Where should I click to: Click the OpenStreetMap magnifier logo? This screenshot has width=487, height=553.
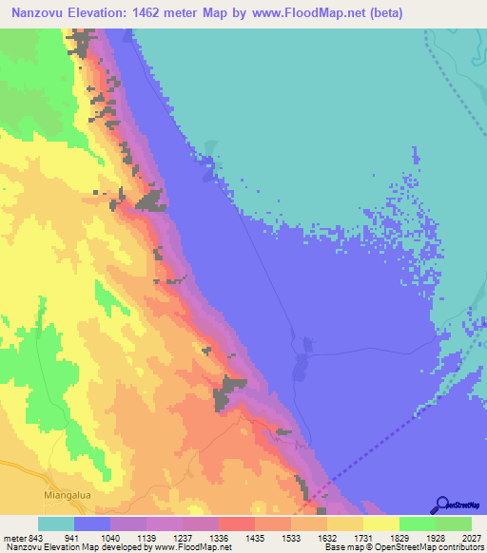441,505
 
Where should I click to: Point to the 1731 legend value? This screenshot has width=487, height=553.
345,539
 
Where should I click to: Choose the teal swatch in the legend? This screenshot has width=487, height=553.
55,524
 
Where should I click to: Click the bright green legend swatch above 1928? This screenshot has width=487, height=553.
417,524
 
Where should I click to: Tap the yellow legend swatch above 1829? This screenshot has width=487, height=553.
380,524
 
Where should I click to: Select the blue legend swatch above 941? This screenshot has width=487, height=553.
92,524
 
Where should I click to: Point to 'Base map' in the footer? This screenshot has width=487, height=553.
340,548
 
